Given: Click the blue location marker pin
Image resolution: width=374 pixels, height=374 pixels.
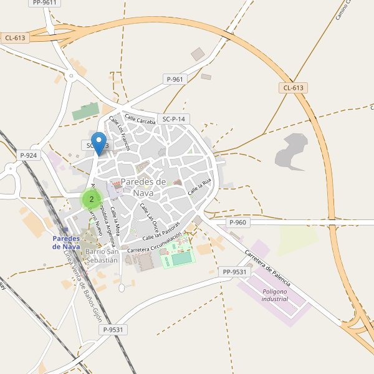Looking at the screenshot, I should (x=98, y=143).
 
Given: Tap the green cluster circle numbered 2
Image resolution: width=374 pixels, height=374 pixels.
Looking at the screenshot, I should (x=92, y=199).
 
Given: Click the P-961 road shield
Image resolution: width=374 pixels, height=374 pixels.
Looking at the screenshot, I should (x=175, y=79).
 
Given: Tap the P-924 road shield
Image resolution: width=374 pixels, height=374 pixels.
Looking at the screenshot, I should (x=29, y=155).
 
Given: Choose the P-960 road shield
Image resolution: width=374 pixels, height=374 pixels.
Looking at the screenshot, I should (x=237, y=223).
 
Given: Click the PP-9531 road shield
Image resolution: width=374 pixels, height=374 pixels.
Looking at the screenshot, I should (x=234, y=272).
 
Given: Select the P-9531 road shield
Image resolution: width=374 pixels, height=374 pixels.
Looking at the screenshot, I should (x=114, y=330).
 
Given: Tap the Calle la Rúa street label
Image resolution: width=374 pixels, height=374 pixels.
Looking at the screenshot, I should (x=201, y=185).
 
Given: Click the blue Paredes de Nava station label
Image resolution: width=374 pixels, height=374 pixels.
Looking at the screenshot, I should (x=66, y=242).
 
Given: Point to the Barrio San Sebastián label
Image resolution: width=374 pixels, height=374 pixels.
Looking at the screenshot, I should (x=102, y=255).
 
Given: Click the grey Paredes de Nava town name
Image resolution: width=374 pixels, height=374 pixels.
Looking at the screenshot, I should (x=144, y=187).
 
